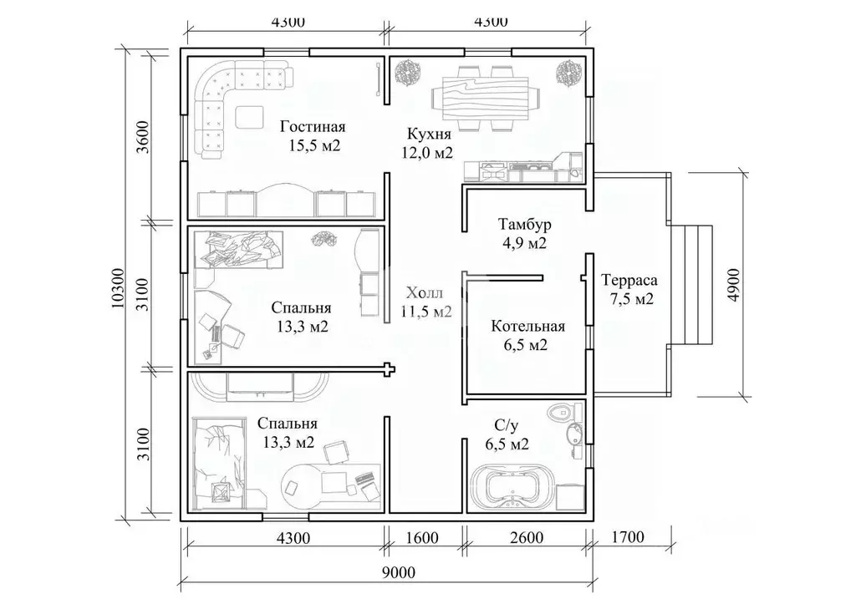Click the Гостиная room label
coord(313,127)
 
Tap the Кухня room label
coord(429,135)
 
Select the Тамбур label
coord(525,224)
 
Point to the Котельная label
coord(528,327)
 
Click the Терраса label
coord(629,281)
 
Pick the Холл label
coord(425,293)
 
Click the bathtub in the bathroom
coord(512,484)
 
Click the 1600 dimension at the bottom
coord(422,537)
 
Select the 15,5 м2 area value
coord(315,145)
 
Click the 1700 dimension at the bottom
coord(628,537)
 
